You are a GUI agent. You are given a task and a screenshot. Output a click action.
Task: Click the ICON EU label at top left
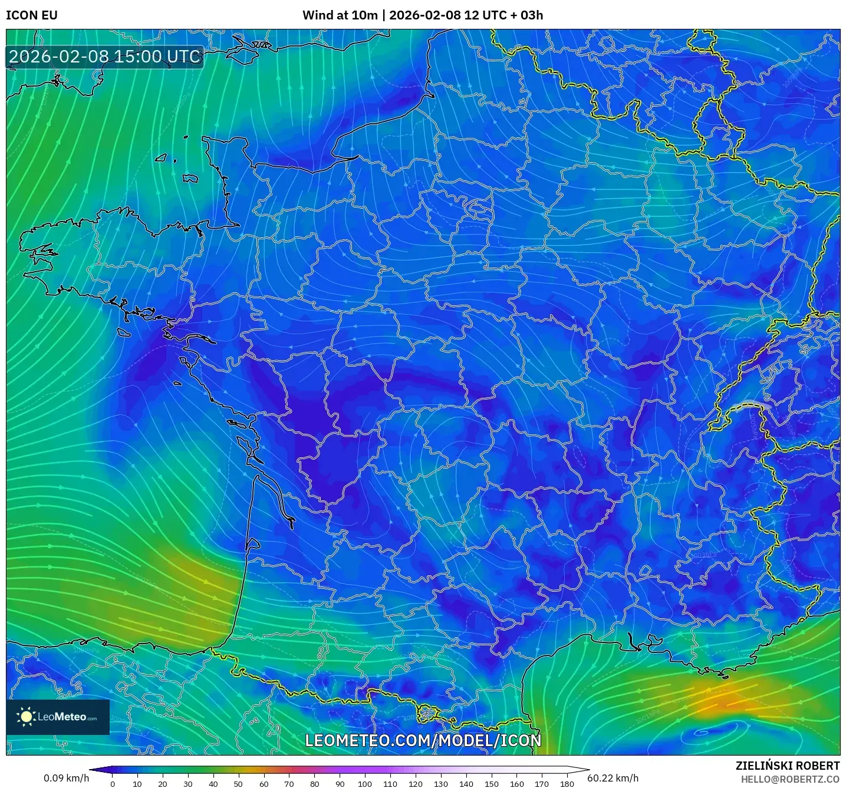coord(32,15)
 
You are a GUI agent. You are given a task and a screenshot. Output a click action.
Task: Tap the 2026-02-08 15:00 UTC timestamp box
coord(105,57)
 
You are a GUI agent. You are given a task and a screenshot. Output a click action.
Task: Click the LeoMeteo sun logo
coord(26,717)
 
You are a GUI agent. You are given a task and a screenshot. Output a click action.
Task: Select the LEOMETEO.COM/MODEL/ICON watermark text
coord(423,741)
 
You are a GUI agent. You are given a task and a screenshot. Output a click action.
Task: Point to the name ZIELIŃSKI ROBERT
coord(788,766)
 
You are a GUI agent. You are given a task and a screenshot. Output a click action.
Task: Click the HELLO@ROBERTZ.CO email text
coord(790,779)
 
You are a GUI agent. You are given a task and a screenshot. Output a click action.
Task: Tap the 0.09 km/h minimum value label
coord(66,778)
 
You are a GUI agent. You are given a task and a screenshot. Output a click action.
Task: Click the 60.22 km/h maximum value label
coord(613,778)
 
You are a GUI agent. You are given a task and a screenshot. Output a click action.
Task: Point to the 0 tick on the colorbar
coord(113,784)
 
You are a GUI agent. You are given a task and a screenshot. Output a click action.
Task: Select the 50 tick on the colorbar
coord(238,784)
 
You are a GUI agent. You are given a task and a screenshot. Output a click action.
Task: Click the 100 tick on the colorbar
coord(365,784)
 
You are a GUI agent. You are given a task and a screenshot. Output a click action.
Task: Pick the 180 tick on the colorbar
coord(567,784)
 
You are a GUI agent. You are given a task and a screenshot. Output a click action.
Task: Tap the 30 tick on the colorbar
coord(188,784)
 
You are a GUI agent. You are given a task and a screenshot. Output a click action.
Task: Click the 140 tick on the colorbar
coord(466,784)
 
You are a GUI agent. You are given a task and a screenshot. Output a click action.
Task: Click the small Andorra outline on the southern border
coord(426,714)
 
